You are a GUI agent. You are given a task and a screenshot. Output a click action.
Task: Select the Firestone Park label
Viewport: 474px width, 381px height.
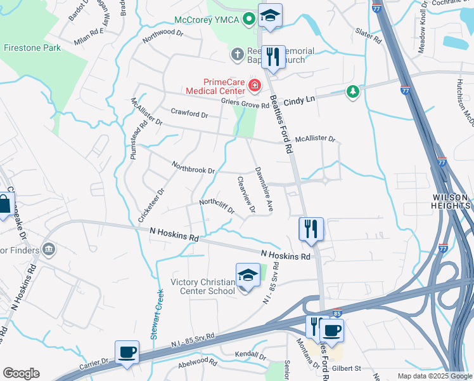pyautogui.click(x=32, y=48)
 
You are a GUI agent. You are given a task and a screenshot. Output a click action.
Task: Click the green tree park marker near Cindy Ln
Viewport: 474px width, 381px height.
pyautogui.click(x=352, y=92)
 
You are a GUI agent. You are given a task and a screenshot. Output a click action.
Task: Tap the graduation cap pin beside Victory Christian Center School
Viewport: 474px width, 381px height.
pyautogui.click(x=248, y=276)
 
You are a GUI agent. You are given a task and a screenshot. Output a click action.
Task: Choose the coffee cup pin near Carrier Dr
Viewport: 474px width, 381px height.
pyautogui.click(x=127, y=352)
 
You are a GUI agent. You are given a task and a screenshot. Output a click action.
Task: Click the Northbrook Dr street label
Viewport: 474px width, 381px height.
pyautogui.click(x=194, y=168)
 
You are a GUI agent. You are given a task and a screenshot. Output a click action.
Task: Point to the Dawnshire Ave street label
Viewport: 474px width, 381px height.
pyautogui.click(x=264, y=189)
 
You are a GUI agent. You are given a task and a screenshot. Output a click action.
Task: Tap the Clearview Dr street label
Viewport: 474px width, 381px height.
pyautogui.click(x=247, y=194)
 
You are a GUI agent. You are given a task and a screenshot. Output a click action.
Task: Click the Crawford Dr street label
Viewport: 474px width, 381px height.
pyautogui.click(x=189, y=114)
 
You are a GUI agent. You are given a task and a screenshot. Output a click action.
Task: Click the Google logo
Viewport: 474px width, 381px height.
pyautogui.click(x=21, y=373)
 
